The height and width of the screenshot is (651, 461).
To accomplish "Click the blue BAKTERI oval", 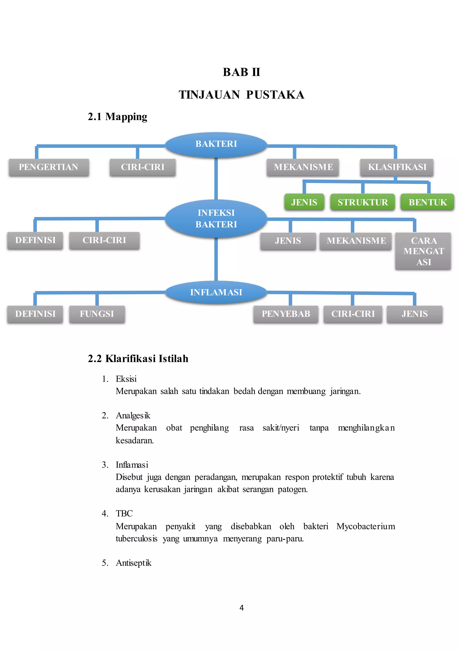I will (x=216, y=144).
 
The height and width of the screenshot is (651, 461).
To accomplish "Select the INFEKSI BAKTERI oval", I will (x=216, y=218).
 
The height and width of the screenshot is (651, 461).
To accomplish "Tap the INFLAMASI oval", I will (x=216, y=292).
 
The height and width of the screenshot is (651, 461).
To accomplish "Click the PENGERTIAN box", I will (x=49, y=167).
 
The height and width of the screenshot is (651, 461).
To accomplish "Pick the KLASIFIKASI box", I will (x=397, y=167).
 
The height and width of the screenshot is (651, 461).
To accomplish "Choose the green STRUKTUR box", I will (x=362, y=202).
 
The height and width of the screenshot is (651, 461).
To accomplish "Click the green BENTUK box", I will (x=427, y=202).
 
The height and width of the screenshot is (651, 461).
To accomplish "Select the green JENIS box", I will (x=304, y=202).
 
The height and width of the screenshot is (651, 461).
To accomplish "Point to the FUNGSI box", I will (x=97, y=314).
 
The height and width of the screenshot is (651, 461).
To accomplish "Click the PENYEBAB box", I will (x=286, y=314).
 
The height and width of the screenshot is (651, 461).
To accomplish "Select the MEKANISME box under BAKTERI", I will (x=303, y=167).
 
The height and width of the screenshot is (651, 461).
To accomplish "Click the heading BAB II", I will (x=241, y=72).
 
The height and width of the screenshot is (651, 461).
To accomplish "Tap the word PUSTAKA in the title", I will (x=275, y=95).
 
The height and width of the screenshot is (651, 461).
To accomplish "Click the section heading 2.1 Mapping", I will (x=117, y=116).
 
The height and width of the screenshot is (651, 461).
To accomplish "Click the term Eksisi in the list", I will (x=126, y=379).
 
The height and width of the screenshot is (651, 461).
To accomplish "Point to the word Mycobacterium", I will (x=366, y=526).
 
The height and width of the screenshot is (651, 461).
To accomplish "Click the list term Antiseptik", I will (x=133, y=563).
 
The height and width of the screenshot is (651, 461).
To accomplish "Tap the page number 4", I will (x=242, y=608).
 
